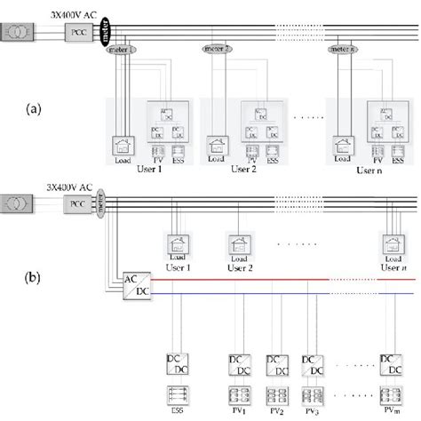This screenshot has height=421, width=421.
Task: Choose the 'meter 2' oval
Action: (217, 50)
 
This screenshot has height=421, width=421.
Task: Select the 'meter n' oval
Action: (343, 51)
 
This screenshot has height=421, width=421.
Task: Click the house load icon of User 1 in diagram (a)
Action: (122, 146)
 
